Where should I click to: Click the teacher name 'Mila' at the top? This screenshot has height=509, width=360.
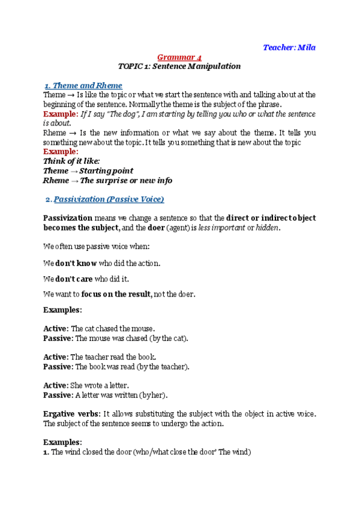tap(307, 47)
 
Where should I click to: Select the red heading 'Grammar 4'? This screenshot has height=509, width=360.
tap(179, 57)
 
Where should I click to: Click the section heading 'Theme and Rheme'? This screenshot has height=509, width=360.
tap(87, 85)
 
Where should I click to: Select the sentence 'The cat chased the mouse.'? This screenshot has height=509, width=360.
tap(113, 329)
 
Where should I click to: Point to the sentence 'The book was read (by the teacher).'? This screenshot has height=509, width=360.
tap(132, 366)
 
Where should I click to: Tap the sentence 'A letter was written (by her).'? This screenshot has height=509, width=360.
tap(121, 395)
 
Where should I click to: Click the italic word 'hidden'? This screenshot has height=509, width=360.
tap(268, 228)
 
